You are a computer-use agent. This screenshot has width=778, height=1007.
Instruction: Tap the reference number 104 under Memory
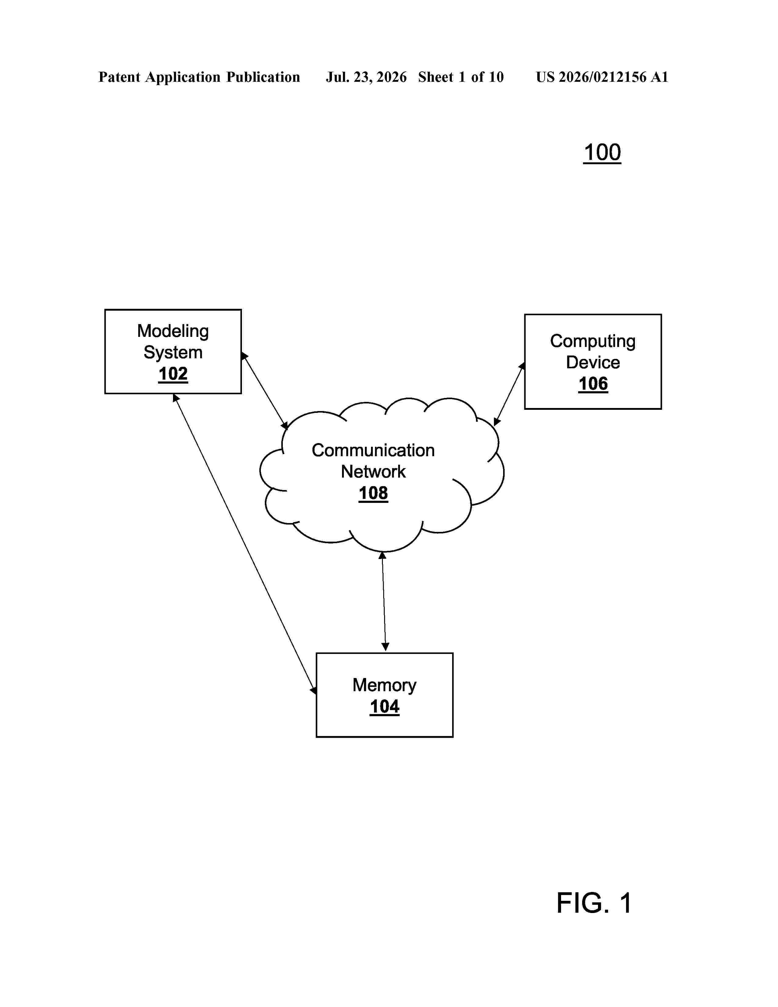click(384, 707)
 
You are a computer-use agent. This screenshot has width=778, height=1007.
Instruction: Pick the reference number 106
click(593, 384)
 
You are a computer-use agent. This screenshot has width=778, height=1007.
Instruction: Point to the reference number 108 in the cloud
click(373, 493)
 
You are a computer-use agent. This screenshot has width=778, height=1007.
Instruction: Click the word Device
click(593, 363)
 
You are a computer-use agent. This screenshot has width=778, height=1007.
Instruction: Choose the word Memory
click(384, 686)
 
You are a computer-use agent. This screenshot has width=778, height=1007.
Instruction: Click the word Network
click(373, 472)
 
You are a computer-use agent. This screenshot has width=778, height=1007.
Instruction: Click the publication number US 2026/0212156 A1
click(602, 77)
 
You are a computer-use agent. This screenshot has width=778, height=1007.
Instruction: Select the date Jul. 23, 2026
click(366, 77)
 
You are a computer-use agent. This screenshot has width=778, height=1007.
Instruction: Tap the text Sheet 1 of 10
click(461, 77)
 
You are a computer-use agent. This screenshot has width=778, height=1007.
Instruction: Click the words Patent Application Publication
click(199, 77)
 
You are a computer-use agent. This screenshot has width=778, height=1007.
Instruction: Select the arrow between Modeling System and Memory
click(245, 544)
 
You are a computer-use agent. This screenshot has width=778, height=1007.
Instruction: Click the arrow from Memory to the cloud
click(384, 601)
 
